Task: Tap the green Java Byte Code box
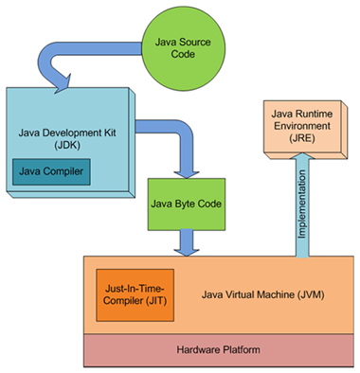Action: pyautogui.click(x=186, y=203)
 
